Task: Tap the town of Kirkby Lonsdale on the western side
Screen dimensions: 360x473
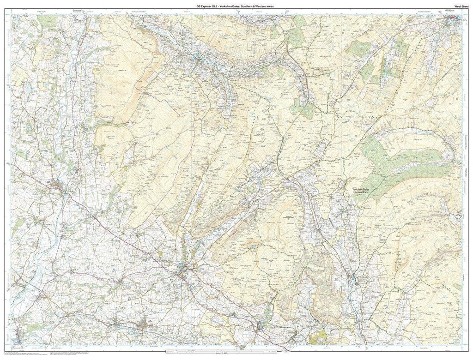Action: pyautogui.click(x=58, y=186)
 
